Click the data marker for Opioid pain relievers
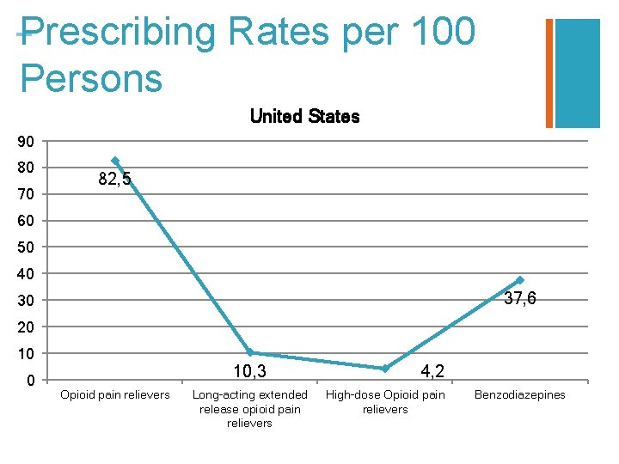coord(114,161)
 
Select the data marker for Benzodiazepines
coord(519,280)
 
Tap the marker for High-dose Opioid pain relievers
coord(385,369)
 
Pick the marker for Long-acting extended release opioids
coord(250,352)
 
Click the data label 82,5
coord(115,180)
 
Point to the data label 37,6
coord(520,299)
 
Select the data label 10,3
coord(250,371)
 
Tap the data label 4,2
coord(432,371)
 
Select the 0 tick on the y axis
coord(29,381)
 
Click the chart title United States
coord(304,116)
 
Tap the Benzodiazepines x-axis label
coord(519,395)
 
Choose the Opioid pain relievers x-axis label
coord(114,395)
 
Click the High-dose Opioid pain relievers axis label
coord(385,402)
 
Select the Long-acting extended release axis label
coord(250,408)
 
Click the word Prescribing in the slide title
coord(117,33)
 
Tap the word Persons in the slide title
coord(91,77)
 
